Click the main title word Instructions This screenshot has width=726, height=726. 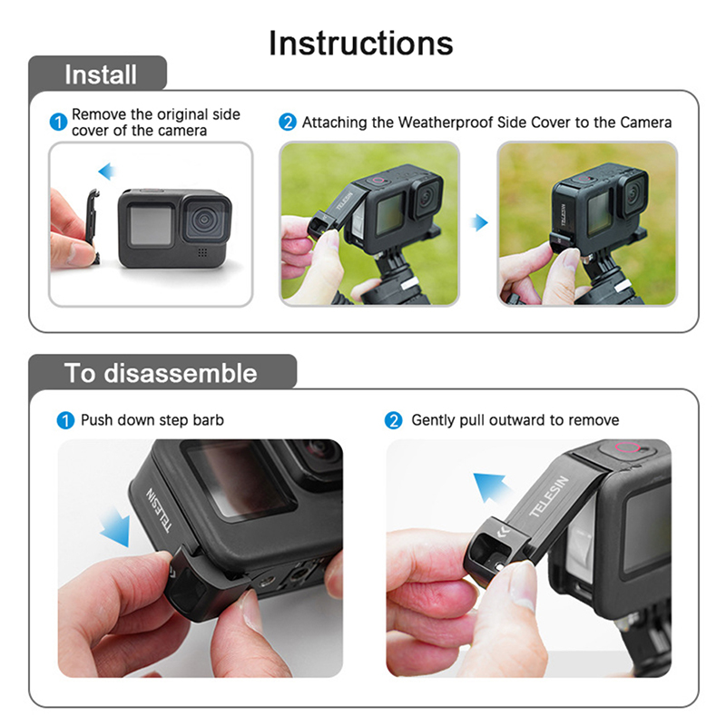click(x=360, y=43)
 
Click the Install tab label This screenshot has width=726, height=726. click(x=101, y=74)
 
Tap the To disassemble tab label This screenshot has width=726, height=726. click(x=161, y=373)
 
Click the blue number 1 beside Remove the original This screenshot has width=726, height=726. click(x=58, y=123)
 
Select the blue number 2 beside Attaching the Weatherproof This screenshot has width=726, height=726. click(x=288, y=123)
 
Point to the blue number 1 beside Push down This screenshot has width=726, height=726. click(x=65, y=420)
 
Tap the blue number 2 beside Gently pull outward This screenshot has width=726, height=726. click(x=394, y=420)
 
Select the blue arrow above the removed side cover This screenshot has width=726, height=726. click(x=107, y=172)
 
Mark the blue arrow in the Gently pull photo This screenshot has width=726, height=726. click(x=491, y=487)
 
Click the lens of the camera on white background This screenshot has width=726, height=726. click(x=204, y=220)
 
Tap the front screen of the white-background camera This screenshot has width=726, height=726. click(x=150, y=225)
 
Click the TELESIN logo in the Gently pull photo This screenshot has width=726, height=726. click(x=548, y=496)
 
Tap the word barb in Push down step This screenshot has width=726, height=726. click(x=208, y=420)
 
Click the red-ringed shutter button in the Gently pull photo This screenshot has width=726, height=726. click(x=627, y=447)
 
